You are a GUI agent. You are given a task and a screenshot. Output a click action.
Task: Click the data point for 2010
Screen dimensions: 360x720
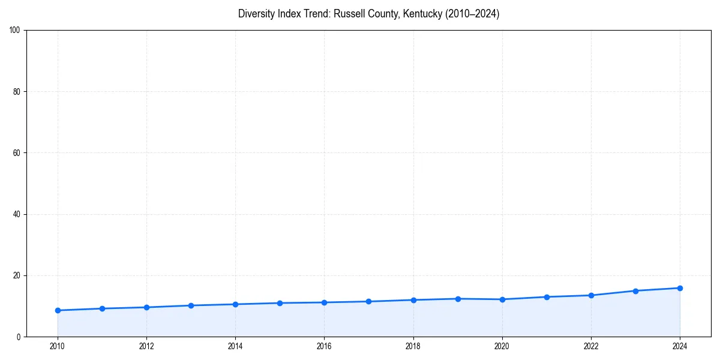point(58,310)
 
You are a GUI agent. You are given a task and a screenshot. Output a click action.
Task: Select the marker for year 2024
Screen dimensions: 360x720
point(680,288)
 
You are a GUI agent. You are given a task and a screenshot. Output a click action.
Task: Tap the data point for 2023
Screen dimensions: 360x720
point(635,291)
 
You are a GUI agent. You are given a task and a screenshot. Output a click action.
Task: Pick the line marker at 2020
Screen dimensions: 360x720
point(502,299)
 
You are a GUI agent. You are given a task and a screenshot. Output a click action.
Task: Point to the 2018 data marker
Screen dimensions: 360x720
point(413,300)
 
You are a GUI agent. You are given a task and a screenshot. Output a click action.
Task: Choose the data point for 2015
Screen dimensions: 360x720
point(280,303)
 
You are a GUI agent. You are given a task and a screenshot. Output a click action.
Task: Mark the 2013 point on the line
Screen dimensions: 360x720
point(191,305)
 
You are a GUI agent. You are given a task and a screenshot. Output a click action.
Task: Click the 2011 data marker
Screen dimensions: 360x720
point(102,308)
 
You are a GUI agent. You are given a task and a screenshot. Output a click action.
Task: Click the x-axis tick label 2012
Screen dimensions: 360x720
point(146,346)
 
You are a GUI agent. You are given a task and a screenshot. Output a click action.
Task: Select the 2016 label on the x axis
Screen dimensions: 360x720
point(324,346)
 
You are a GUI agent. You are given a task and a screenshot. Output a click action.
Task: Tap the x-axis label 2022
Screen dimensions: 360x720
point(591,346)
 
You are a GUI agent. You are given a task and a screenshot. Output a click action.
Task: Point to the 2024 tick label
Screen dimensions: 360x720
point(680,346)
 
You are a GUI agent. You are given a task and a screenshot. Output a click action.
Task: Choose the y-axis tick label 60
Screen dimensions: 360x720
point(17,153)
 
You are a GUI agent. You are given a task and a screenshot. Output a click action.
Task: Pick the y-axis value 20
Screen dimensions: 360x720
point(17,275)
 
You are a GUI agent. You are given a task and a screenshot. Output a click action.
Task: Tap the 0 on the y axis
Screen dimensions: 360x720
point(19,337)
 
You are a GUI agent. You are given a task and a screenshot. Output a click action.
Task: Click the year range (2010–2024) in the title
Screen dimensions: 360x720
point(472,14)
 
